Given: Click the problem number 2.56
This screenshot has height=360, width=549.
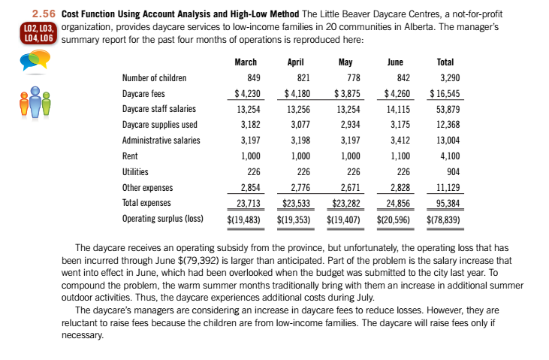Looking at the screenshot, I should click(44, 14).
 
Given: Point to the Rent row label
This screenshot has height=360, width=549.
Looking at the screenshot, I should click(129, 156).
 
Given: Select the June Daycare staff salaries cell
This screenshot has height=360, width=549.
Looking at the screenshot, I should click(398, 110).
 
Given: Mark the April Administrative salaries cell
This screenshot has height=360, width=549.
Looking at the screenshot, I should click(299, 141).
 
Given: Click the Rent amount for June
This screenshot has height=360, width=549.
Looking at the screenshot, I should click(400, 156).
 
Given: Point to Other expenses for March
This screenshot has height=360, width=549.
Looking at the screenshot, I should click(248, 188).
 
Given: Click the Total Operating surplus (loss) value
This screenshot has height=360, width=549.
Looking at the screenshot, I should click(444, 219).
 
